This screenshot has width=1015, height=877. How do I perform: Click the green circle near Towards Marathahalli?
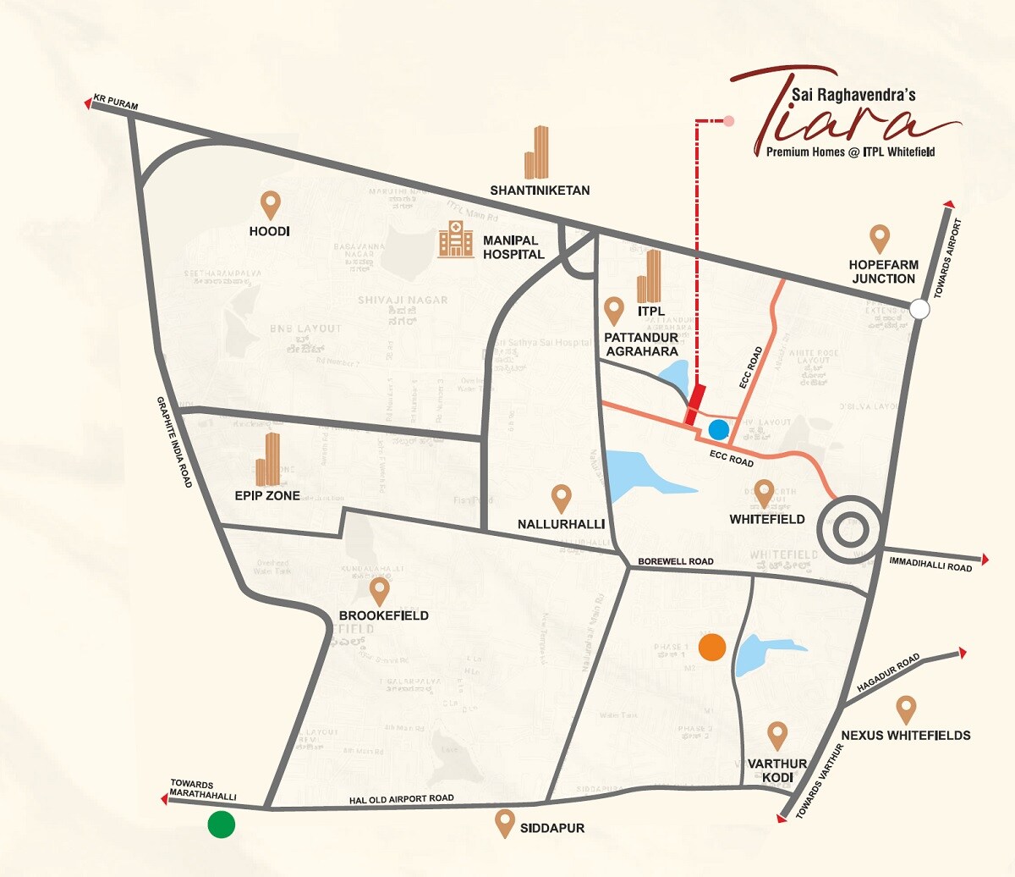coord(222,824)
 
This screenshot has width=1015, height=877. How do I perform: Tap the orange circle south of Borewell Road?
coord(712,647)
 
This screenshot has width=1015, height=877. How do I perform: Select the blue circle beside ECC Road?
coord(718,429)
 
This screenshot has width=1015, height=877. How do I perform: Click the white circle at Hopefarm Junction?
coord(919,309)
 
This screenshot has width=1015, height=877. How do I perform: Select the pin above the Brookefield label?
coord(380,591)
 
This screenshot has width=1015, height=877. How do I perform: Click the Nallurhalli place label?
coord(561,524)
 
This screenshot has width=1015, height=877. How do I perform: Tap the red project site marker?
coord(695,405)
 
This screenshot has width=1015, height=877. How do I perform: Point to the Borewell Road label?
coord(675,561)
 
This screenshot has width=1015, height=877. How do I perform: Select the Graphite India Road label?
coord(173,442)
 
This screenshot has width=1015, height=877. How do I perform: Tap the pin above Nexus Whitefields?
coord(906,709)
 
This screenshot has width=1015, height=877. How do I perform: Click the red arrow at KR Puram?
coord(89,103)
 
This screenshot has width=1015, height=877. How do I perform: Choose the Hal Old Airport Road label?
coord(402,799)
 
